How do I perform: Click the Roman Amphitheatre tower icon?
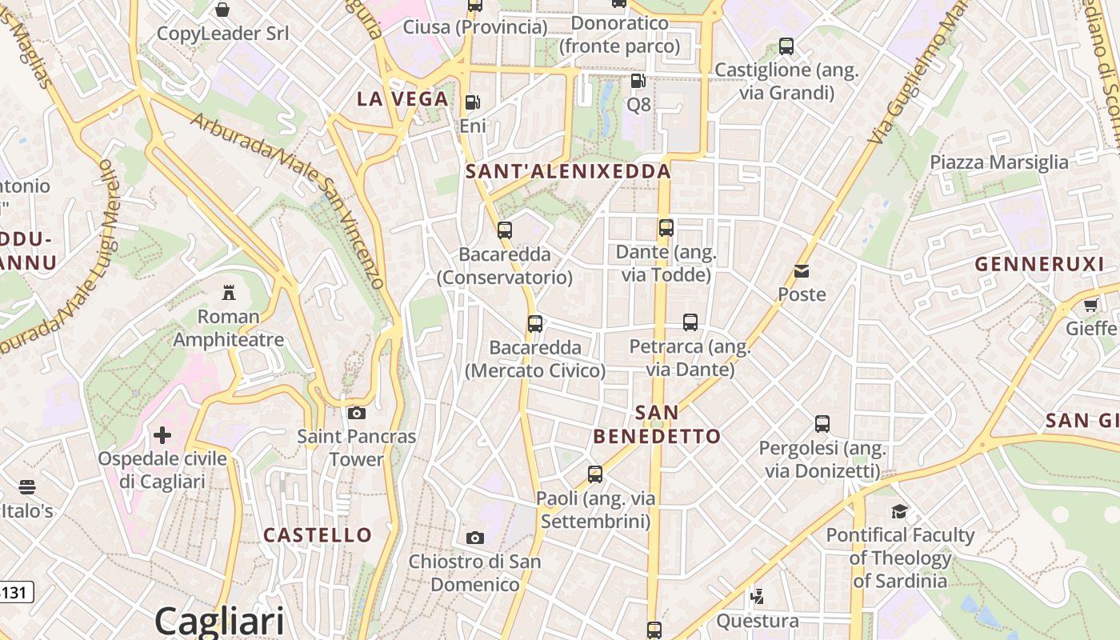[x=229, y=292]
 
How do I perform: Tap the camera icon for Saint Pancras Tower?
[x=357, y=413]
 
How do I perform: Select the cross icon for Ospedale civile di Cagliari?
[x=162, y=435]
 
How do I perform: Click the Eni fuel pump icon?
[x=473, y=102]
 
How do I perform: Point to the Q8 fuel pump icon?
[x=638, y=81]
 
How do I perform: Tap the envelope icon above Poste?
[x=802, y=271]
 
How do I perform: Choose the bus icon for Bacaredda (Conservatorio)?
[x=505, y=230]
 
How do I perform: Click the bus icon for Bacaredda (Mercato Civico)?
[x=535, y=324]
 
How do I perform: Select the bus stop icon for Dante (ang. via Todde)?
[x=666, y=228]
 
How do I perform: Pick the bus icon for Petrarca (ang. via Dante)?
[x=690, y=322]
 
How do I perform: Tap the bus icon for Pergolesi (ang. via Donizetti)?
[x=822, y=424]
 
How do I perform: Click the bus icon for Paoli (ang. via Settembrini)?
[x=595, y=474]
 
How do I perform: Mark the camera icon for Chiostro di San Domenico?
[x=475, y=538]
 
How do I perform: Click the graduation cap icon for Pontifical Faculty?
[x=900, y=511]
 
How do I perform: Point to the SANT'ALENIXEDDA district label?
[x=568, y=171]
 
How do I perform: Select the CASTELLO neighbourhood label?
[x=318, y=535]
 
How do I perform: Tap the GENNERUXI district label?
[x=1039, y=264]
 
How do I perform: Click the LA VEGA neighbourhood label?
[x=402, y=99]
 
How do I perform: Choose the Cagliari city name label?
[x=219, y=621]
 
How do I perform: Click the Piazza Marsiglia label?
[x=998, y=162]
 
